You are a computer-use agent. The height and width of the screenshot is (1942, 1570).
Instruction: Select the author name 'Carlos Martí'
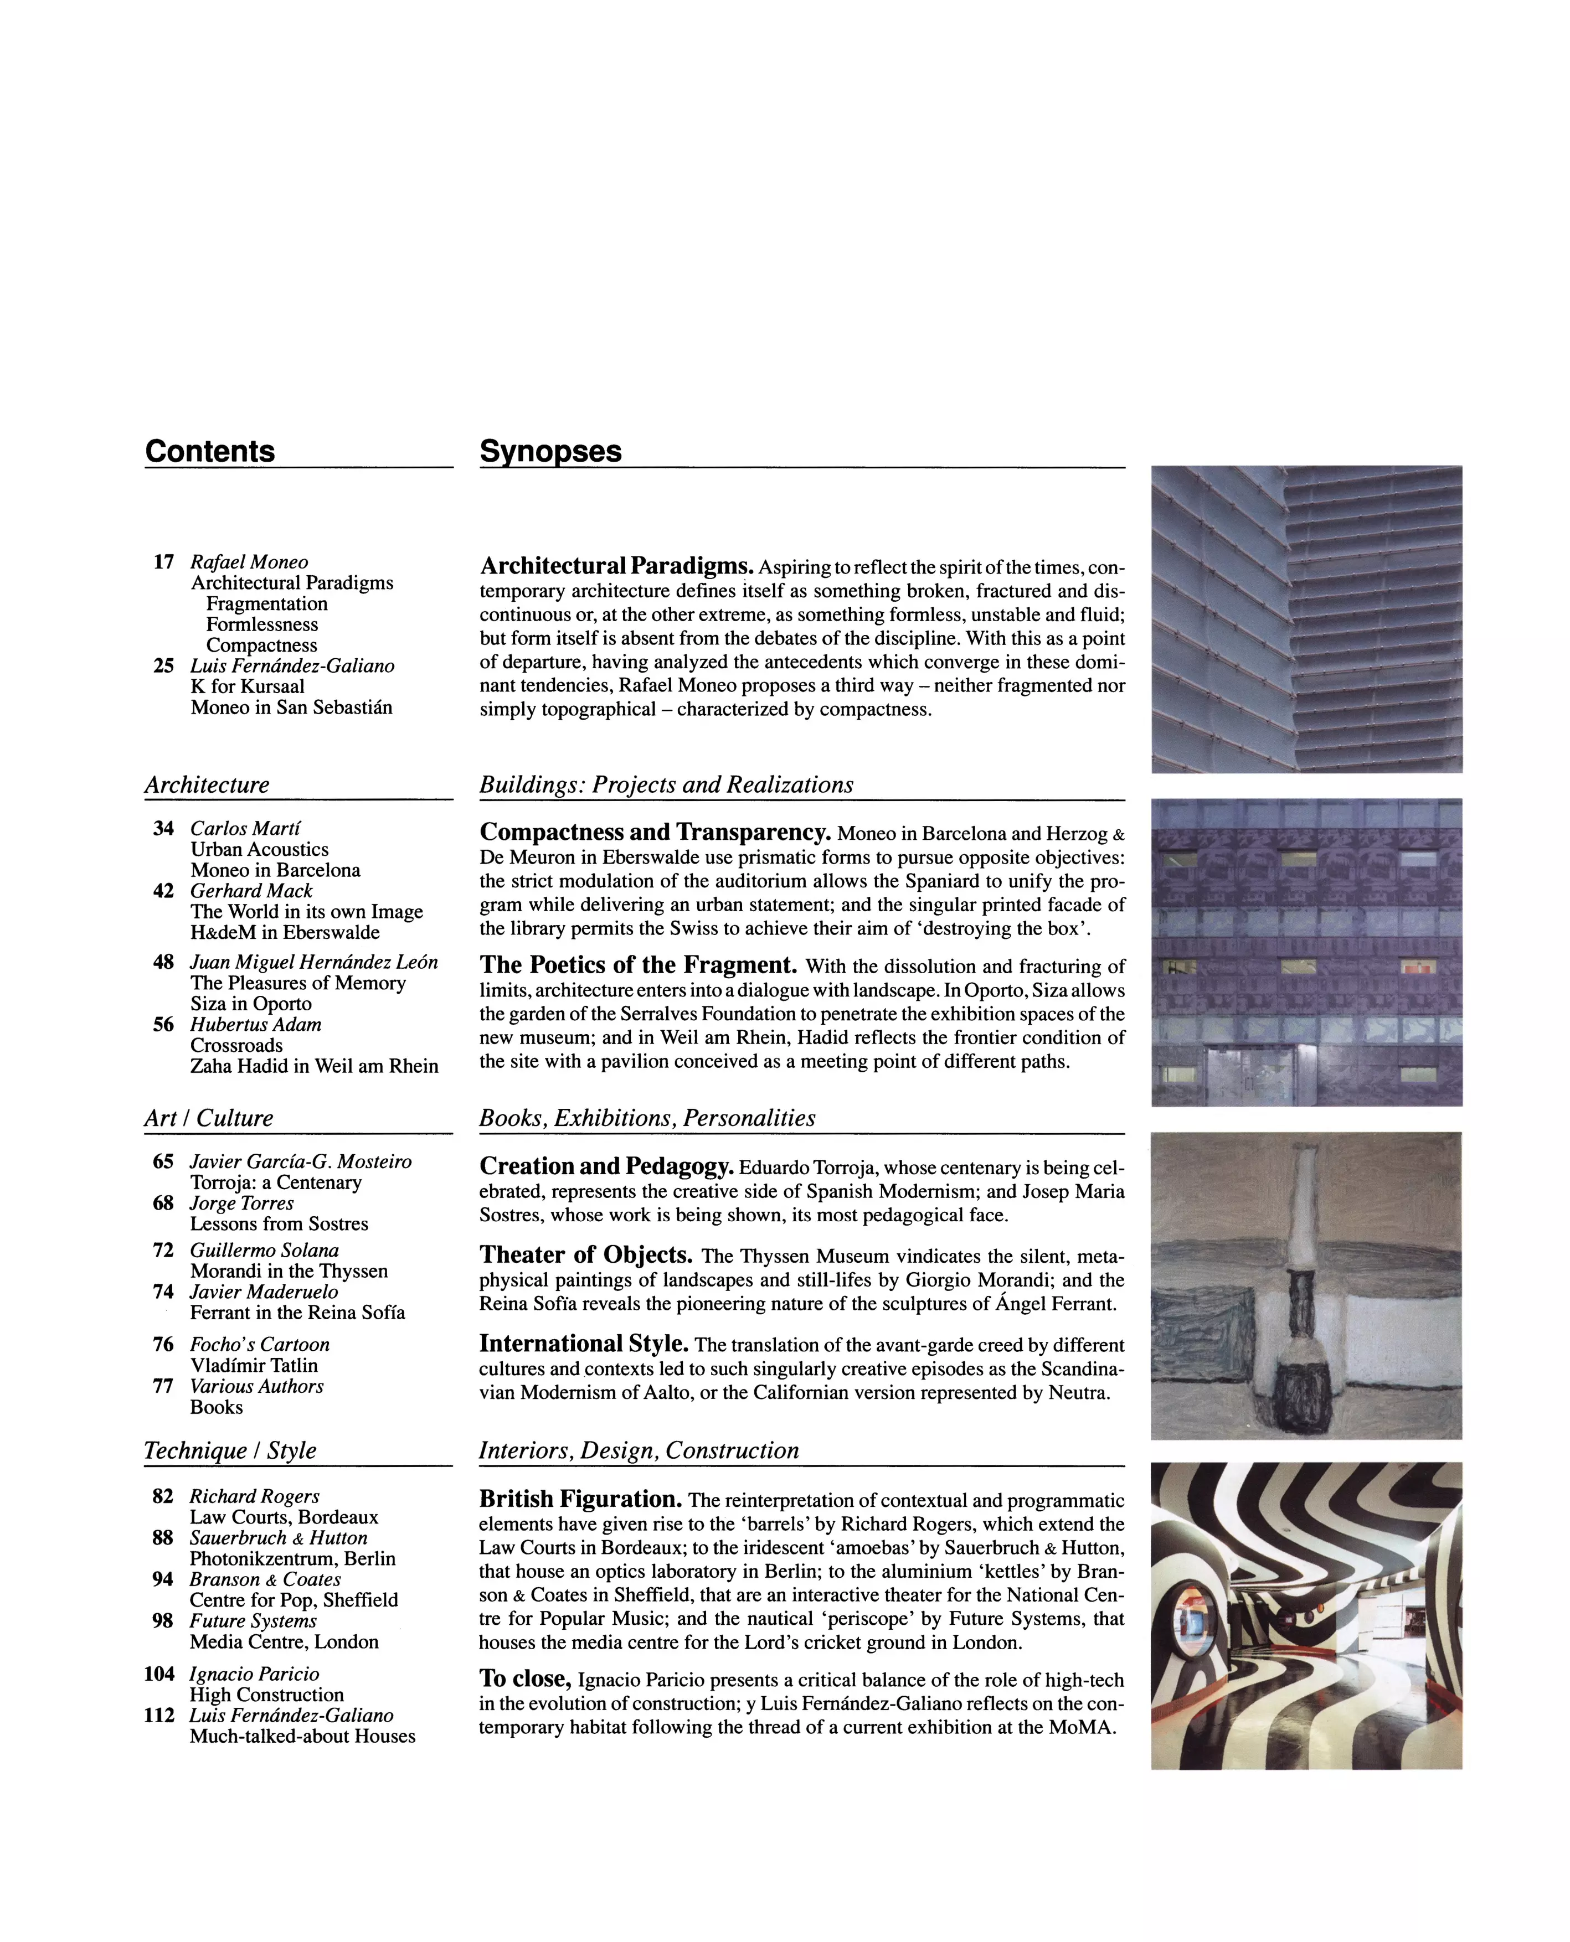(x=245, y=828)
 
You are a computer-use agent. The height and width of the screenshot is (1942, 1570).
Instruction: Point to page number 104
(x=159, y=1674)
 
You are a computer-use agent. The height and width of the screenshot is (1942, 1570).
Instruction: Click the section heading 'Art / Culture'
(x=209, y=1118)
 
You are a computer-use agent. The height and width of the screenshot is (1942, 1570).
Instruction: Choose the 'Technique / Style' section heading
(x=230, y=1451)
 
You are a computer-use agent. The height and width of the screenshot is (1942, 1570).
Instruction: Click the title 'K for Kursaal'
(x=248, y=686)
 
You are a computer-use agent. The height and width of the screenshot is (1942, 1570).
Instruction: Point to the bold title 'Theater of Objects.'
(x=586, y=1255)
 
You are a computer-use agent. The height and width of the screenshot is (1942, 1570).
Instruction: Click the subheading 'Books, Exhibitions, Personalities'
(x=647, y=1118)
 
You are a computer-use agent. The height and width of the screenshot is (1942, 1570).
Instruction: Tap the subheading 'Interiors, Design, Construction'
(x=639, y=1451)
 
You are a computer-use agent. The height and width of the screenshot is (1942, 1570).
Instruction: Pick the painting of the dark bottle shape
(x=1306, y=1285)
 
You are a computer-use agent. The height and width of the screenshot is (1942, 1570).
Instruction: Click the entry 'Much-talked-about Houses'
(x=303, y=1736)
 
